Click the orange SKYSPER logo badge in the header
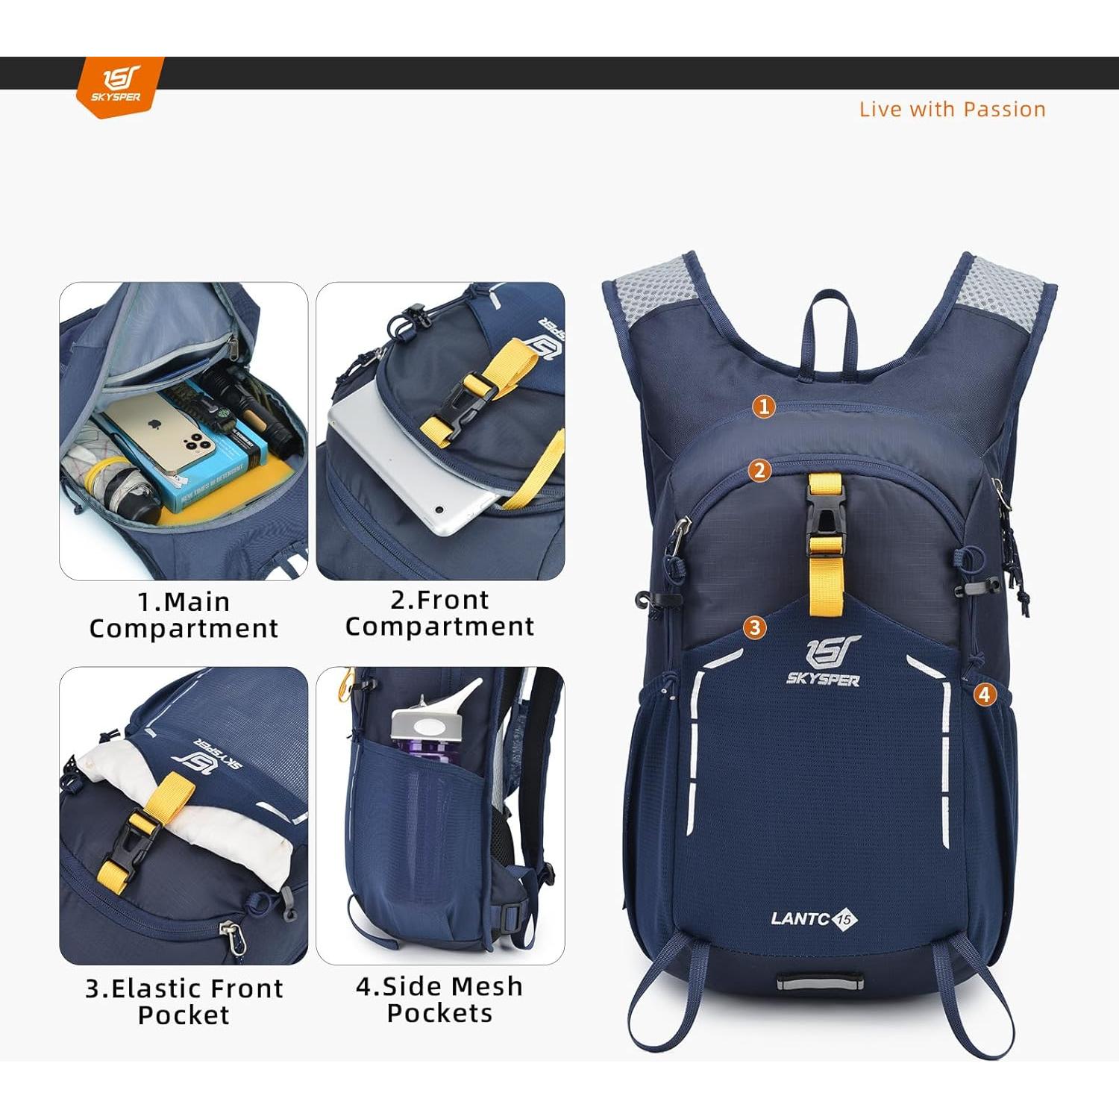pos(119,86)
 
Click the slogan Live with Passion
pos(952,110)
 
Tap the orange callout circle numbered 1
pos(763,407)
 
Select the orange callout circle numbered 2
pos(759,470)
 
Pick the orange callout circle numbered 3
pos(755,627)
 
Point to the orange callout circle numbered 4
pos(985,695)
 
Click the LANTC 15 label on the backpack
pos(814,918)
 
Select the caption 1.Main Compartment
pos(184,615)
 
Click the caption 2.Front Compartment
pos(439,613)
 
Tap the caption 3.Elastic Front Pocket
pos(184,1001)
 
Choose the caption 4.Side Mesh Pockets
pos(439,1000)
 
